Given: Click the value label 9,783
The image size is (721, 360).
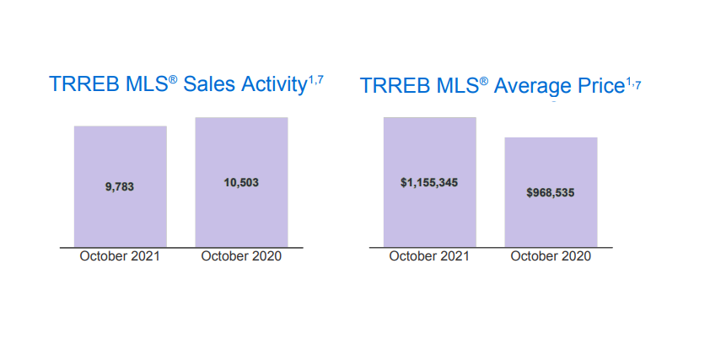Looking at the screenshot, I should tap(120, 187).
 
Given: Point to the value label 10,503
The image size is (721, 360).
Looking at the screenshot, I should tap(241, 182).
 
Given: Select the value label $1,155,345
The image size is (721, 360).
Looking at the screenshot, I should tap(429, 182).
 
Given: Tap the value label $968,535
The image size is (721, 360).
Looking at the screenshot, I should tap(551, 192).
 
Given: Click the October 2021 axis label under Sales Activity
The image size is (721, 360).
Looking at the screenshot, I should tap(120, 256).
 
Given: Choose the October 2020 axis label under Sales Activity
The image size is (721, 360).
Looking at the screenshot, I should tap(241, 256).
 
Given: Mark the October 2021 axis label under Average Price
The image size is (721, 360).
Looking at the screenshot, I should tap(429, 256).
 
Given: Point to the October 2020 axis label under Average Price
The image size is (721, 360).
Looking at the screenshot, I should tap(551, 256).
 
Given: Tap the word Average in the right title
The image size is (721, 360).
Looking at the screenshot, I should tap(532, 87).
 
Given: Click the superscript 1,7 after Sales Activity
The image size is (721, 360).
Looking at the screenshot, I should tap(315, 78).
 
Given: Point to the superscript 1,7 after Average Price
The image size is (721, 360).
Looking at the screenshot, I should tap(633, 81).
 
